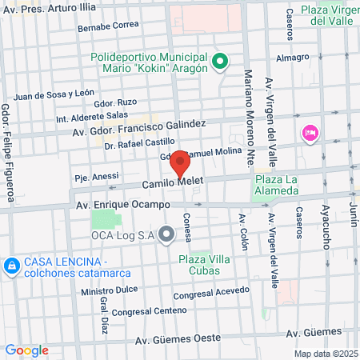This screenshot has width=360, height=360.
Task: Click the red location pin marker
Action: pyautogui.click(x=180, y=166)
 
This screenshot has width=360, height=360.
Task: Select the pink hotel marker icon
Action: pyautogui.click(x=309, y=133)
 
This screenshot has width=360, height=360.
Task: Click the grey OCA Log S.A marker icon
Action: pyautogui.click(x=166, y=234)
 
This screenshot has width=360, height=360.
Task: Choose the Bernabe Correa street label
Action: pyautogui.click(x=108, y=26)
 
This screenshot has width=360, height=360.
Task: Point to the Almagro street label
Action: pyautogui.click(x=292, y=58)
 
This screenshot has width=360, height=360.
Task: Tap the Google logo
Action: pyautogui.click(x=27, y=350)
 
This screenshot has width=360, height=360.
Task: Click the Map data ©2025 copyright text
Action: pyautogui.click(x=325, y=354)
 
